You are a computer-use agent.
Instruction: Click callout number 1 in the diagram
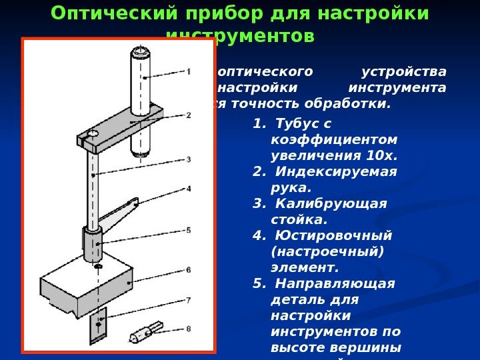[189, 71]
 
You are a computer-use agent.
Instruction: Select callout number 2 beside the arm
[189, 115]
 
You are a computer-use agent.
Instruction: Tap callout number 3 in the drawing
[189, 159]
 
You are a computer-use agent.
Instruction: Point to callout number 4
[189, 189]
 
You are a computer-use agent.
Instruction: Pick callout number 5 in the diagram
[189, 230]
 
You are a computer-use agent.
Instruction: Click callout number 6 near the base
[189, 270]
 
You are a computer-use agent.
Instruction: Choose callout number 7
[189, 300]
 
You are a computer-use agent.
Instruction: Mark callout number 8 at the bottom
[189, 328]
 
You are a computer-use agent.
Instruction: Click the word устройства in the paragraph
[403, 71]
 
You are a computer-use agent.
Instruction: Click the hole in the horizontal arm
[91, 135]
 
